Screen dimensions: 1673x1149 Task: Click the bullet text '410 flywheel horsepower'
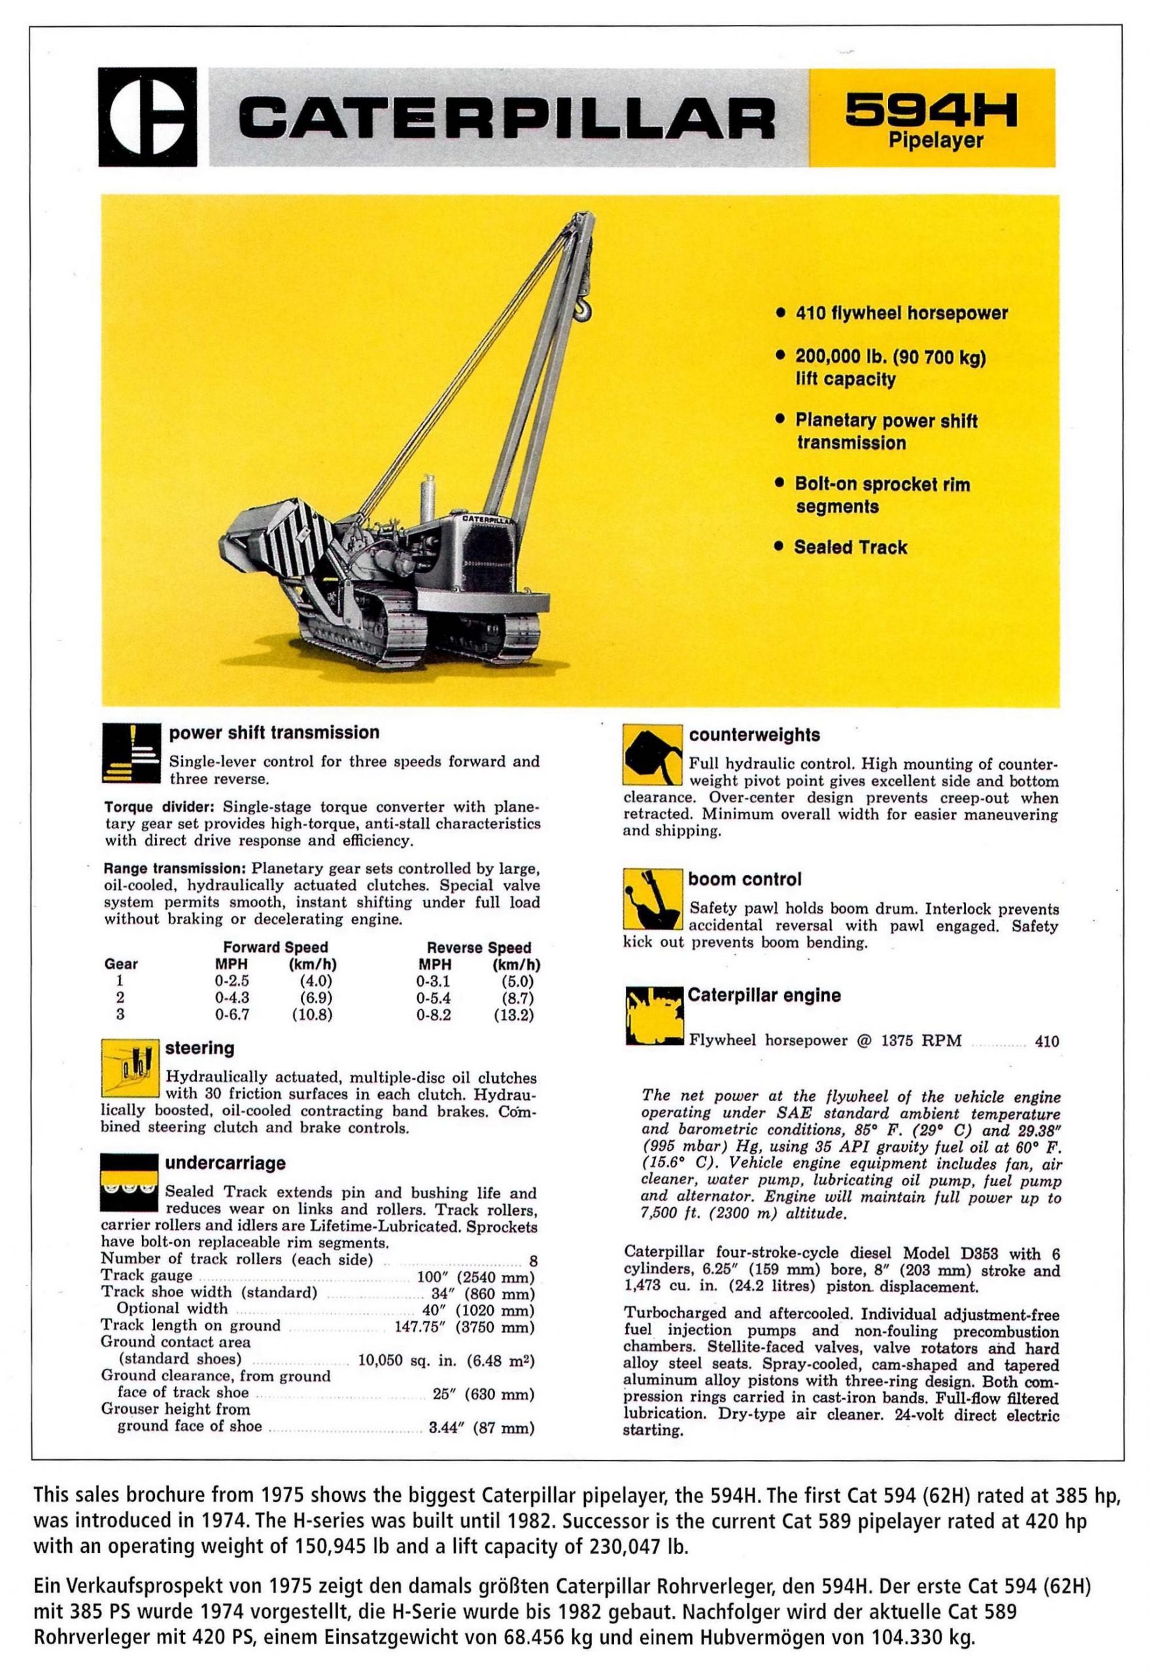(x=901, y=314)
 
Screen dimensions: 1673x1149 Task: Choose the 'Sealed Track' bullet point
(x=850, y=547)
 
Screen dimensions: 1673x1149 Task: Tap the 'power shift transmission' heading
(x=274, y=733)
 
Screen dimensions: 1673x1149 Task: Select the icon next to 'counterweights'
(x=651, y=755)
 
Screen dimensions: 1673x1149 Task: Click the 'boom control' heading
(x=744, y=879)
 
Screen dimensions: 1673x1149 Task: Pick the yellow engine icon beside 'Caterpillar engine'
(x=653, y=1016)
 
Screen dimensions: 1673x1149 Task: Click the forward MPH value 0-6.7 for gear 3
(x=232, y=1015)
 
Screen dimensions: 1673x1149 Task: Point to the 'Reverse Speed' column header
(x=478, y=948)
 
